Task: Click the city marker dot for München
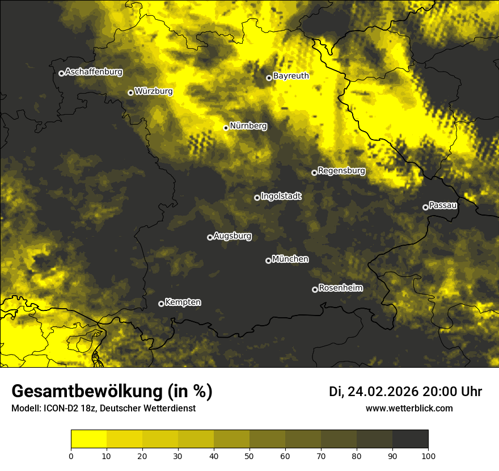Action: (x=268, y=260)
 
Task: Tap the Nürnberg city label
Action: (x=248, y=126)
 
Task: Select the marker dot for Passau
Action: (x=425, y=207)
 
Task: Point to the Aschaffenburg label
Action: (x=94, y=72)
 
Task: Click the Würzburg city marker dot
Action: (x=130, y=92)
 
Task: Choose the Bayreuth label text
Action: (x=291, y=75)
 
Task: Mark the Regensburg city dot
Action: (x=314, y=173)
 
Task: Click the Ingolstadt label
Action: (x=281, y=196)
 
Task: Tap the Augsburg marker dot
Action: (x=210, y=237)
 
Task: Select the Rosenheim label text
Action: (x=340, y=288)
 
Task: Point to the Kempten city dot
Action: (x=161, y=304)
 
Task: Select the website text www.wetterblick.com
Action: (x=409, y=409)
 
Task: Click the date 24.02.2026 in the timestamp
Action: (x=383, y=392)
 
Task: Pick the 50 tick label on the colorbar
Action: (x=249, y=456)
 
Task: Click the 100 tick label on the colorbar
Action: (x=428, y=456)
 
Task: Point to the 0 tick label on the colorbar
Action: (x=71, y=456)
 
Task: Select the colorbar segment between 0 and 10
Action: (x=89, y=439)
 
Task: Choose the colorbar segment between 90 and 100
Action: (x=410, y=439)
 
